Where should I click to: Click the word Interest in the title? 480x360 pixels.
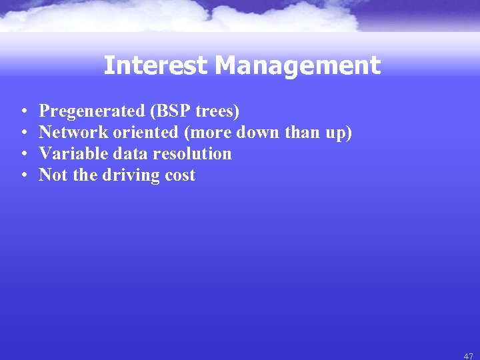click(157, 65)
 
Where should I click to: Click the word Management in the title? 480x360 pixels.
click(298, 65)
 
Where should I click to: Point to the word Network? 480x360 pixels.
click(69, 132)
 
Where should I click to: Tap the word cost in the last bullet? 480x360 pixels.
click(181, 175)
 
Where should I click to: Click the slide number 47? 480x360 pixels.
click(468, 356)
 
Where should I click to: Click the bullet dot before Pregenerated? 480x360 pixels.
click(23, 111)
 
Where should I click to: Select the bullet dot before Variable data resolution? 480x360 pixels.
click(23, 154)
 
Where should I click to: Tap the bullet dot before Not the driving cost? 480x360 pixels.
click(23, 175)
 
